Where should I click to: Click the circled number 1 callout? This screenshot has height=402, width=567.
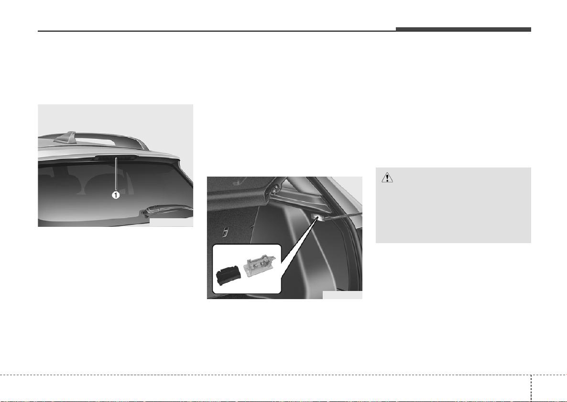coord(115,195)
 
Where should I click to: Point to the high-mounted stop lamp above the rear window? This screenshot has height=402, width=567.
coord(115,157)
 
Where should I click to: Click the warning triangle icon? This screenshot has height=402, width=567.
coord(387,178)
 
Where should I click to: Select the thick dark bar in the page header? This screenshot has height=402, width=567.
coord(463,29)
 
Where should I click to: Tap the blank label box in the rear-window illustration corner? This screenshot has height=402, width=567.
coord(171,222)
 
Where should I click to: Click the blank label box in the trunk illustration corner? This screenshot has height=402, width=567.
coord(342,295)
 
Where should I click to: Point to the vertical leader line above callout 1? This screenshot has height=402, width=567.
coord(115,174)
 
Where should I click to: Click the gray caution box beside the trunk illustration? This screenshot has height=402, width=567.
coord(453,205)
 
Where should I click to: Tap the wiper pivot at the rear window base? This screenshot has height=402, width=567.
coord(146,213)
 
